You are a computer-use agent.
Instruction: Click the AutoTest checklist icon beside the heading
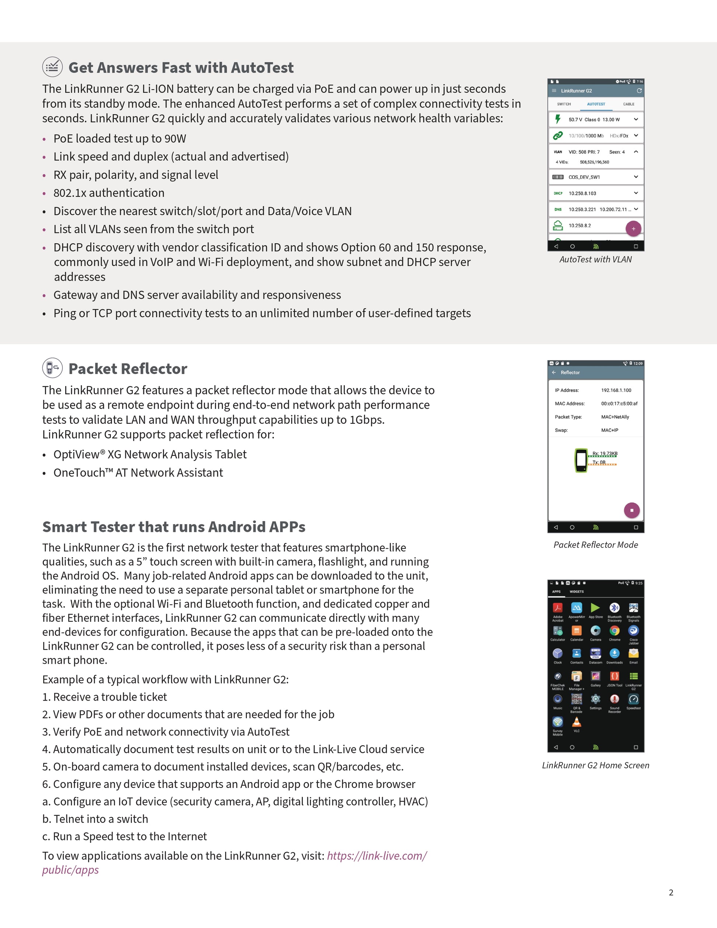[x=52, y=67]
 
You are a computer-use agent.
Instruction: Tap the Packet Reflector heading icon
[x=52, y=368]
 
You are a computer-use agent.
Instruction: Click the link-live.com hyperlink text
[x=377, y=855]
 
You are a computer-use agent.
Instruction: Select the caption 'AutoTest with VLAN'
[x=595, y=259]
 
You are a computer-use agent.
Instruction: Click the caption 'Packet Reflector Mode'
[x=595, y=545]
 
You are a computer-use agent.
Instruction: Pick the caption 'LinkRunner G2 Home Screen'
[x=595, y=765]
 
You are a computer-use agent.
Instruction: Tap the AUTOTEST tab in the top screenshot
[x=596, y=104]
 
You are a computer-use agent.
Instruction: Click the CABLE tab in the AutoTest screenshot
[x=629, y=104]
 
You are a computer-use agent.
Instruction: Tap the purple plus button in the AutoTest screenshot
[x=633, y=228]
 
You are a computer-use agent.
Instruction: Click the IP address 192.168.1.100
[x=616, y=390]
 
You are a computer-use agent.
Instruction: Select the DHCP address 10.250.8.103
[x=583, y=193]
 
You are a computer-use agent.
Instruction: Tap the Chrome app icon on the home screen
[x=614, y=631]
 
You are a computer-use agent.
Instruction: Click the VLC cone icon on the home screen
[x=576, y=722]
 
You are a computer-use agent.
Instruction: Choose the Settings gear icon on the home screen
[x=595, y=699]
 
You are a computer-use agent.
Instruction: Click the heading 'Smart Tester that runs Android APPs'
[x=174, y=527]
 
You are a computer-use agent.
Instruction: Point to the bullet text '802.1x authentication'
[x=109, y=193]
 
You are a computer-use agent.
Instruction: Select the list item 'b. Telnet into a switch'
[x=95, y=819]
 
